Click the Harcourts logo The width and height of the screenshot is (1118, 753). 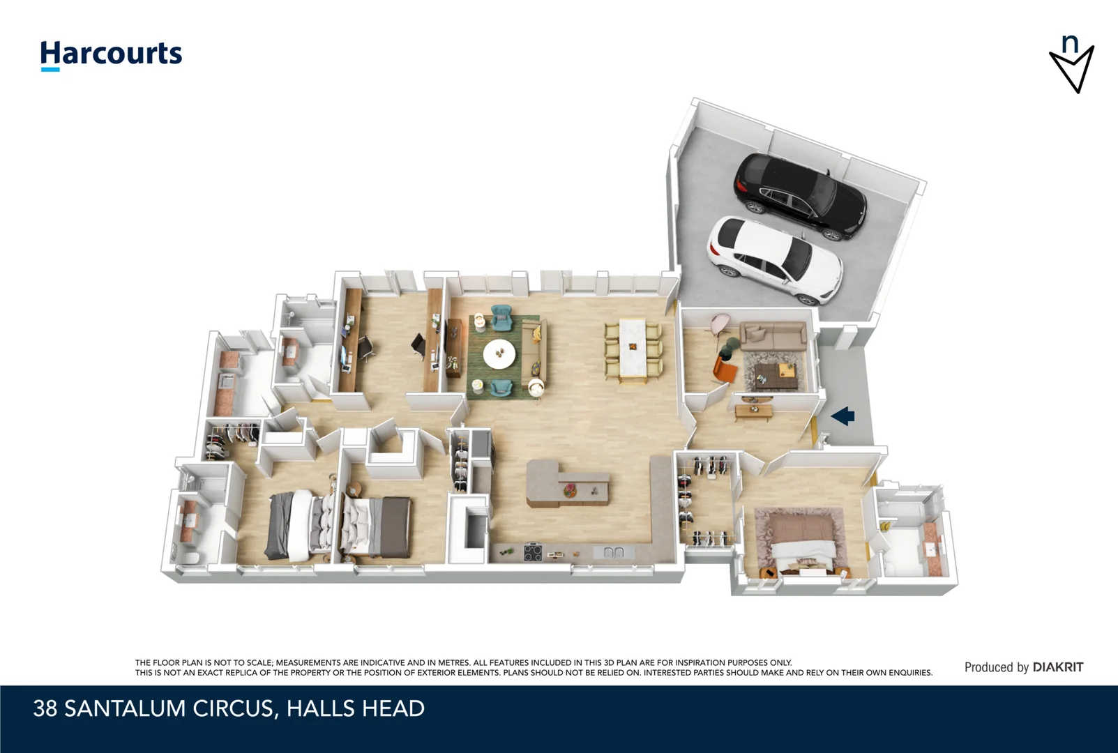pos(111,54)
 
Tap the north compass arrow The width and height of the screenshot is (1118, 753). pos(1072,68)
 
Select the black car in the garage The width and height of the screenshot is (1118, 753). pos(800,196)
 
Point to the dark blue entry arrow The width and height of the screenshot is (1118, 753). pos(843,416)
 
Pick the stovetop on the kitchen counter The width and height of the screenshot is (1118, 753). pos(533,553)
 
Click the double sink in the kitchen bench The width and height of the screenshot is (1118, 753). pos(613,553)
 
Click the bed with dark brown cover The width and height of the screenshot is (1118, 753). pos(377,526)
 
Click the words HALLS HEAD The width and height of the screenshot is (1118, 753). pos(355,708)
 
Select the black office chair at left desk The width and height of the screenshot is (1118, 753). pos(365,347)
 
